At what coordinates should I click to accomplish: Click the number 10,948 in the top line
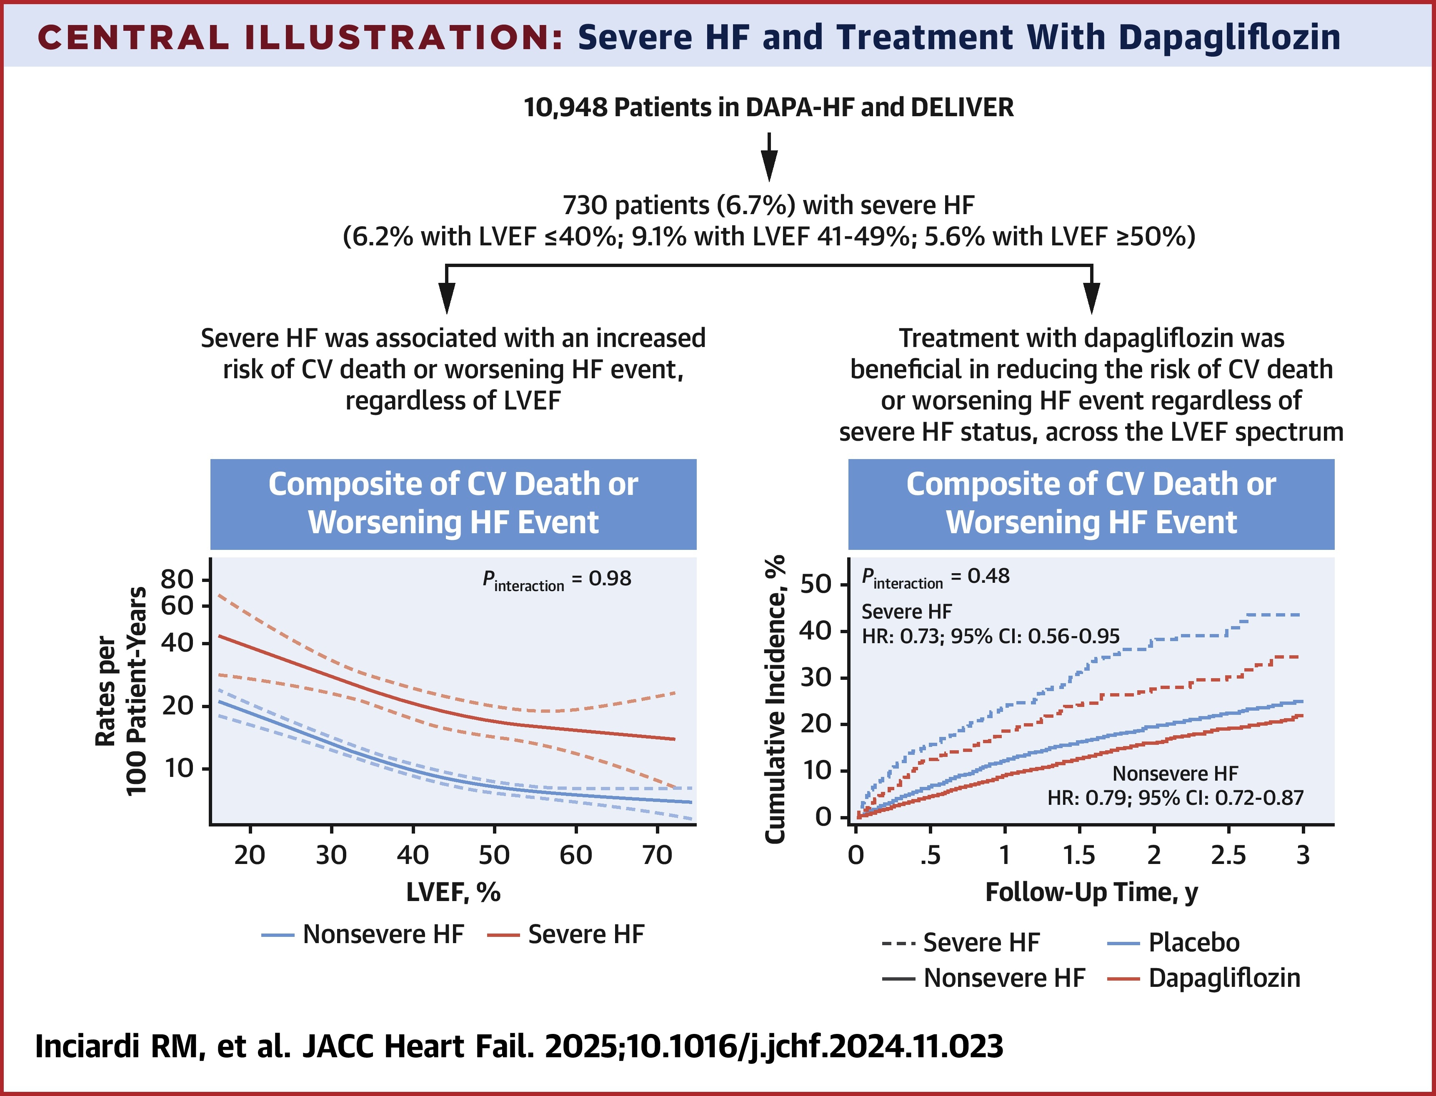(x=565, y=107)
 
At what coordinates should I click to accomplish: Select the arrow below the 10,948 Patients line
(x=769, y=157)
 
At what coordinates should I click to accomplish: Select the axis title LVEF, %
(x=453, y=892)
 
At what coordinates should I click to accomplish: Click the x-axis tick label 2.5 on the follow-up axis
(x=1228, y=855)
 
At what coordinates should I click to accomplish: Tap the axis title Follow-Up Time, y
(x=1091, y=892)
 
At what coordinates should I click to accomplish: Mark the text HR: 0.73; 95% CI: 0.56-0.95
(x=991, y=636)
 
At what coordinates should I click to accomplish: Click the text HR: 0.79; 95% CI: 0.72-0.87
(x=1175, y=798)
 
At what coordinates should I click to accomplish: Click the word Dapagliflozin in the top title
(x=1229, y=37)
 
